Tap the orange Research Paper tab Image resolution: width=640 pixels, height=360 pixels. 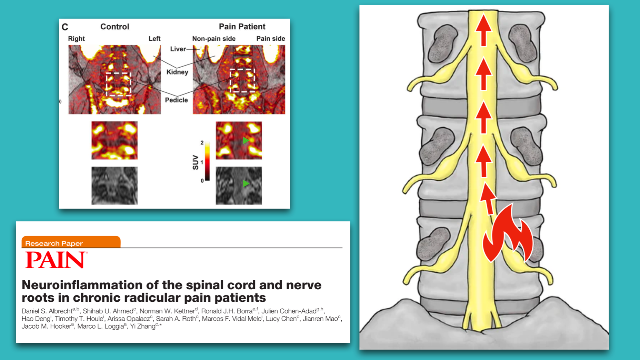click(71, 242)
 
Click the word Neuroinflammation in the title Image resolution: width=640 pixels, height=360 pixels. click(81, 285)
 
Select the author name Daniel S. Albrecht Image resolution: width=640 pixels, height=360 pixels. click(47, 311)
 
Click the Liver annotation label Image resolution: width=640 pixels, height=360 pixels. click(178, 49)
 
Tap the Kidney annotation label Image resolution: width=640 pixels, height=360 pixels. click(177, 72)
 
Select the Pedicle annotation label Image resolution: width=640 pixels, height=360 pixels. click(176, 100)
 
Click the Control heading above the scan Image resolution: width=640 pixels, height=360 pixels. click(115, 27)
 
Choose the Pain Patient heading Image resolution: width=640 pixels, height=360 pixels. click(242, 27)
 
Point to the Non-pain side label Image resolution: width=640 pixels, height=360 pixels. click(214, 39)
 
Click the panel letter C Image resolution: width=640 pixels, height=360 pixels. click(65, 27)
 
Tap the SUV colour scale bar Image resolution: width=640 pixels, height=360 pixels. click(207, 161)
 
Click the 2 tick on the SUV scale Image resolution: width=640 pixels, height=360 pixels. click(202, 143)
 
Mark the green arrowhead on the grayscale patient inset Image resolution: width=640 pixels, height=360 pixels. click(246, 183)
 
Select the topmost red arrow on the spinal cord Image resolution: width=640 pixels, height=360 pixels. click(483, 30)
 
